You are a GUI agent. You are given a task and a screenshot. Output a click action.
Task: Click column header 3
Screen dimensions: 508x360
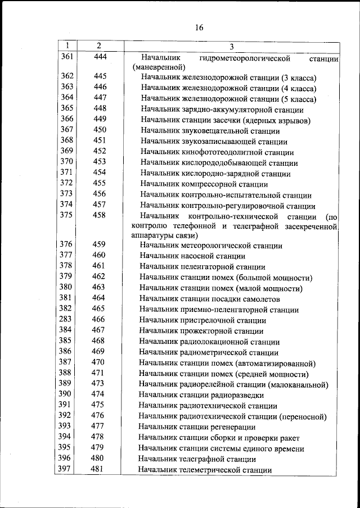(x=232, y=46)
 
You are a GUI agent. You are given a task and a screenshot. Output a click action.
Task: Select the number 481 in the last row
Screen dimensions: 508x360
(x=98, y=469)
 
